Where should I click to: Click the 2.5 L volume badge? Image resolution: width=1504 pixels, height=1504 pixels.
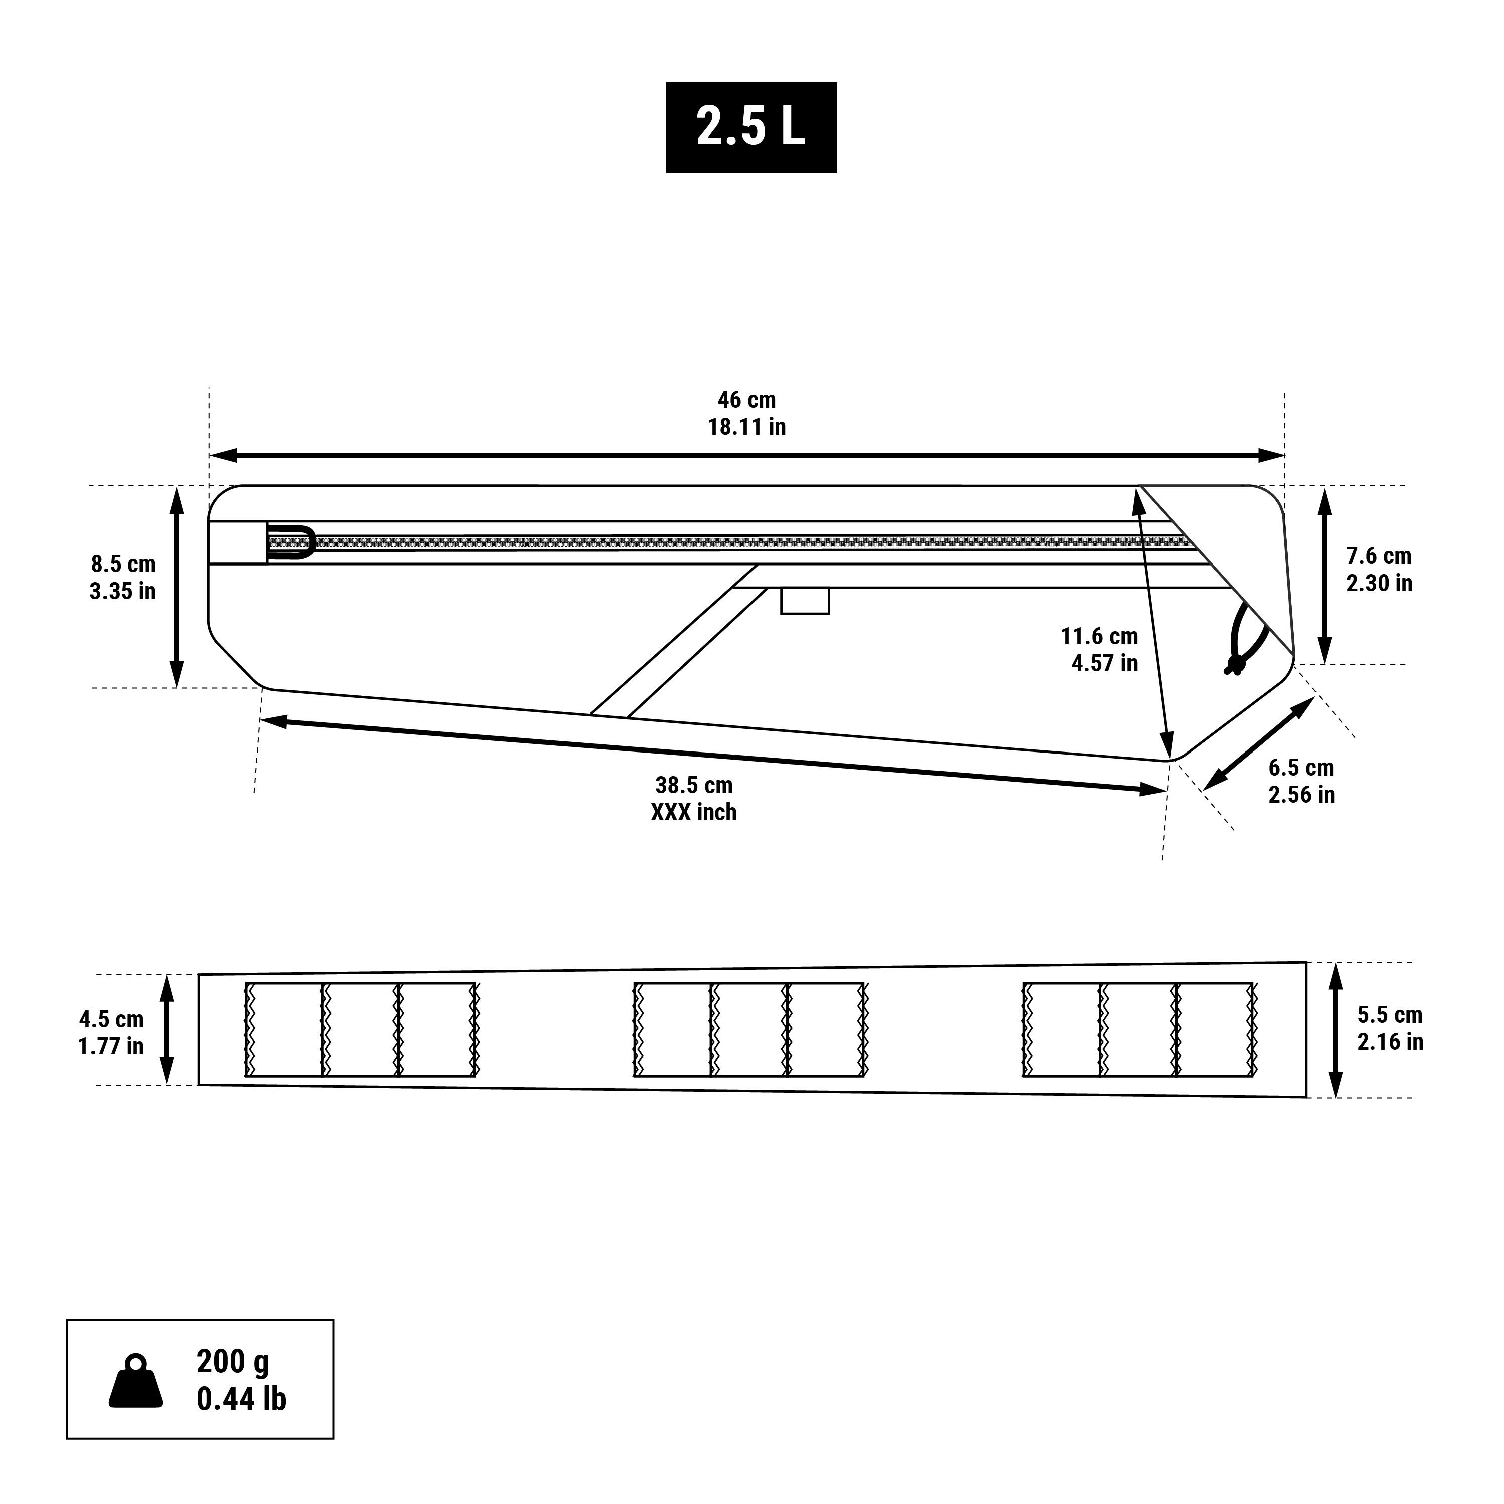[751, 127]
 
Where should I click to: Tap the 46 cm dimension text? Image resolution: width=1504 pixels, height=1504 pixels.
[746, 400]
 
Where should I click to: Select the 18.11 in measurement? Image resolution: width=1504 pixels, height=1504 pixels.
[746, 427]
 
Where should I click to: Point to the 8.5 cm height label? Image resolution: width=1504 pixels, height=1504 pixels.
[123, 563]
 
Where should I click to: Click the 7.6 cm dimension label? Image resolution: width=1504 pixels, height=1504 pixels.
[1379, 556]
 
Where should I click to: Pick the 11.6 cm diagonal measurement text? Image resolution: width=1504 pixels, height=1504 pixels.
[1099, 636]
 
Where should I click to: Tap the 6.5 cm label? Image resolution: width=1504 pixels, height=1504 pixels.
[1301, 768]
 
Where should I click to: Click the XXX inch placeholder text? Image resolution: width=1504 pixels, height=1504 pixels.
[694, 812]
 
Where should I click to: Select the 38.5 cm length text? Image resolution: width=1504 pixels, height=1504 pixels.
[694, 785]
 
